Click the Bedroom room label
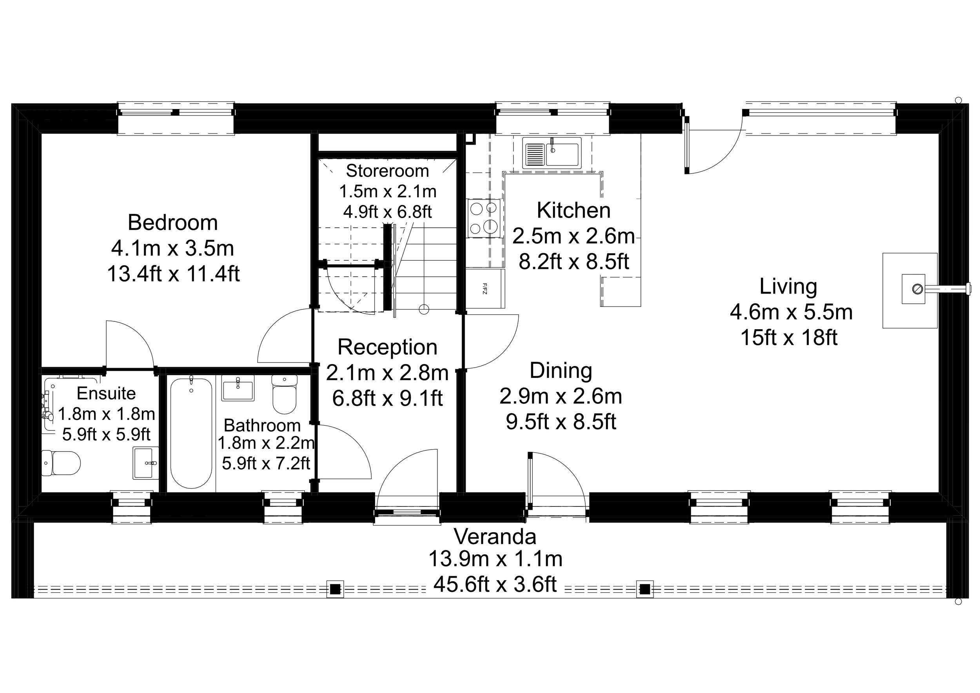[172, 223]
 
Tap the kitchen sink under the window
[552, 152]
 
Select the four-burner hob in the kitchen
[484, 218]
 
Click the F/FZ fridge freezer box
[485, 288]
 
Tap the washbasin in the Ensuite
[145, 463]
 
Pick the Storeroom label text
[387, 171]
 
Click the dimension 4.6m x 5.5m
[791, 312]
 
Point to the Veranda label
[495, 537]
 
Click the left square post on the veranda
[335, 589]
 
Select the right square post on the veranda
[645, 589]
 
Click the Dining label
[561, 370]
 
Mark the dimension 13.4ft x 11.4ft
[173, 274]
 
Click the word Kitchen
[573, 210]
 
